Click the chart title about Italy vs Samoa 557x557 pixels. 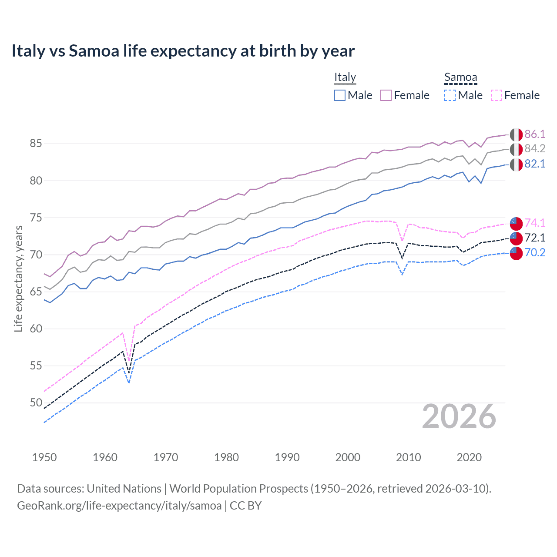click(183, 51)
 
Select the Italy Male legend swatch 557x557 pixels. click(340, 95)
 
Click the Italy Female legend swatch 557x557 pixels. click(386, 95)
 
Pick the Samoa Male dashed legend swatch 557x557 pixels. click(450, 95)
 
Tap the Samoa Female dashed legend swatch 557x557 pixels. click(497, 95)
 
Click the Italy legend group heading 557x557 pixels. click(345, 77)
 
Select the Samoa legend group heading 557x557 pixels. click(460, 77)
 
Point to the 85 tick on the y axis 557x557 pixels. click(36, 143)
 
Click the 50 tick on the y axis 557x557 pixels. click(36, 403)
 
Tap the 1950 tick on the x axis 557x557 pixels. click(44, 457)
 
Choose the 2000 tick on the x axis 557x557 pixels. click(348, 457)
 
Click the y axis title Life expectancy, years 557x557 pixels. click(18, 278)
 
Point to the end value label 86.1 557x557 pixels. click(535, 134)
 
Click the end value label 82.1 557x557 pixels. click(535, 164)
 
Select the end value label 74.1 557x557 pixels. click(535, 223)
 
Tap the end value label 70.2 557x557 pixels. click(535, 252)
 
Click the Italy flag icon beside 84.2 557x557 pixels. click(516, 149)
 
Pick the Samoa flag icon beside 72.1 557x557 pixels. click(516, 238)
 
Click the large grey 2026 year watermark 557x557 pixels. click(459, 416)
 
